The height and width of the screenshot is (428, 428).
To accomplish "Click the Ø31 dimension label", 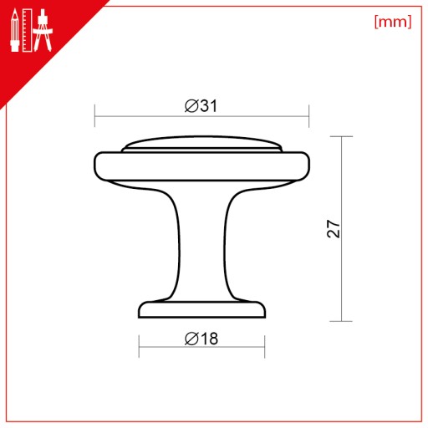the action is point(201,106).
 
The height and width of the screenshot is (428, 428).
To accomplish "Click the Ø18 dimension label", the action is point(201,339).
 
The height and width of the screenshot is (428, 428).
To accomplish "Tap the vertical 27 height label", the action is point(334,229).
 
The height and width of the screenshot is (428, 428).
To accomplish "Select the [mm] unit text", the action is point(393,22).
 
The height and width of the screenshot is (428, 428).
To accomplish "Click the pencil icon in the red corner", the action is point(15,30).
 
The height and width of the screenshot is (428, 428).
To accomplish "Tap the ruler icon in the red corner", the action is point(27,30).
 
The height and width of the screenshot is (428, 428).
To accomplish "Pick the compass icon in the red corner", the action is point(43,30).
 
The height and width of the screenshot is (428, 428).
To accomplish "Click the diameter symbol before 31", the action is point(191,106).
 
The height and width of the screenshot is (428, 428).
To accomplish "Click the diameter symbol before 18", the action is point(191,339).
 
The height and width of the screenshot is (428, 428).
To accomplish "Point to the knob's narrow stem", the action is point(201,245).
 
